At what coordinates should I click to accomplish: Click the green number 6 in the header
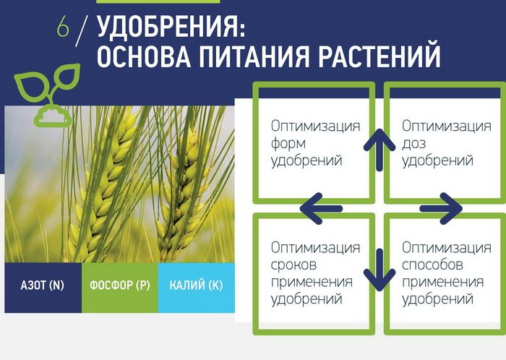63,27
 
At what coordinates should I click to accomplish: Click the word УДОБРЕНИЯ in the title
171,27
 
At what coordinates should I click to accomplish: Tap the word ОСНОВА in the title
144,56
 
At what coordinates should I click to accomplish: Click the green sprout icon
48,95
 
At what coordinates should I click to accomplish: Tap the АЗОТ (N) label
42,285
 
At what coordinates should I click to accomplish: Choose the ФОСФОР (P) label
120,285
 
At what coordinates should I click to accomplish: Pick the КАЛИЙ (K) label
196,285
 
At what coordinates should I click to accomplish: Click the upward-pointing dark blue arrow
379,150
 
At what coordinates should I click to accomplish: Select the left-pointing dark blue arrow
321,209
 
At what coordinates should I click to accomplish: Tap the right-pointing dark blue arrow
441,209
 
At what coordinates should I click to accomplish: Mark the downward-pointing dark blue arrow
379,270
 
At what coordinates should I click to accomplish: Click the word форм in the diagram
288,144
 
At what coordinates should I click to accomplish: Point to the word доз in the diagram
414,144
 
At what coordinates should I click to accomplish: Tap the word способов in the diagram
433,265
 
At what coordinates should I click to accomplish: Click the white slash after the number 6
82,31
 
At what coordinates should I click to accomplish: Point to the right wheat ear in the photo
181,194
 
